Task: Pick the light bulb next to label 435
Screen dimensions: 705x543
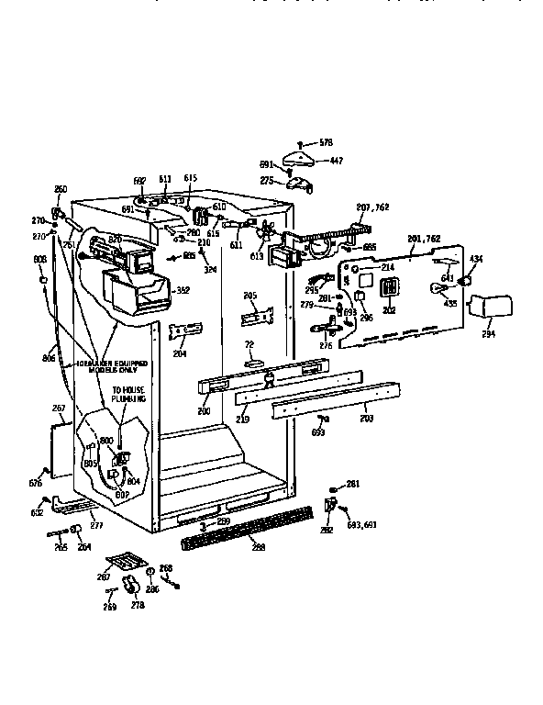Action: (438, 290)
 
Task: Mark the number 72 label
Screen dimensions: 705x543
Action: (248, 343)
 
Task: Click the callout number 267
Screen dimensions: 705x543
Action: (59, 408)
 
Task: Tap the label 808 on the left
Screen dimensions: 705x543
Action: (39, 260)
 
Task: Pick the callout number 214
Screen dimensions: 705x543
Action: (388, 267)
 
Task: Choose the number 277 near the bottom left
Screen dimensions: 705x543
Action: (96, 525)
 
